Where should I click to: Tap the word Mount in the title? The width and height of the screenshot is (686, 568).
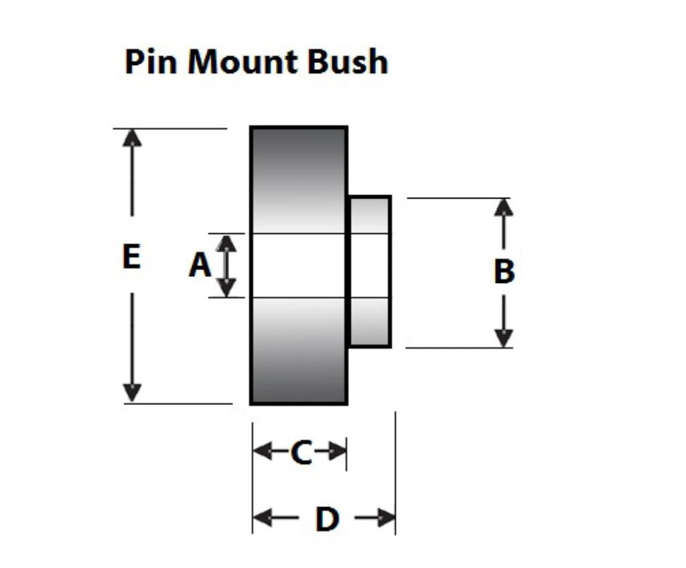(x=243, y=62)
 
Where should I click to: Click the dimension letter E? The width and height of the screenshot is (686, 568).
(x=132, y=257)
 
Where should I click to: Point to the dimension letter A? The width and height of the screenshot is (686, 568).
(x=199, y=266)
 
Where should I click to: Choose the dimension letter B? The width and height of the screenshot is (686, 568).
(x=504, y=272)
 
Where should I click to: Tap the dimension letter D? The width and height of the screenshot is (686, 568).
(x=327, y=518)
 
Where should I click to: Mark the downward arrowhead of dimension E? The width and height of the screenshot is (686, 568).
(x=133, y=393)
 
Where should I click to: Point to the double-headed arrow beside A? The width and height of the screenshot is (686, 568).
(x=227, y=266)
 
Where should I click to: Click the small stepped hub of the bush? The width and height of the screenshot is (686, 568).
(x=370, y=272)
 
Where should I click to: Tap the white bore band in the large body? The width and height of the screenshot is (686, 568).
(x=299, y=266)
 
